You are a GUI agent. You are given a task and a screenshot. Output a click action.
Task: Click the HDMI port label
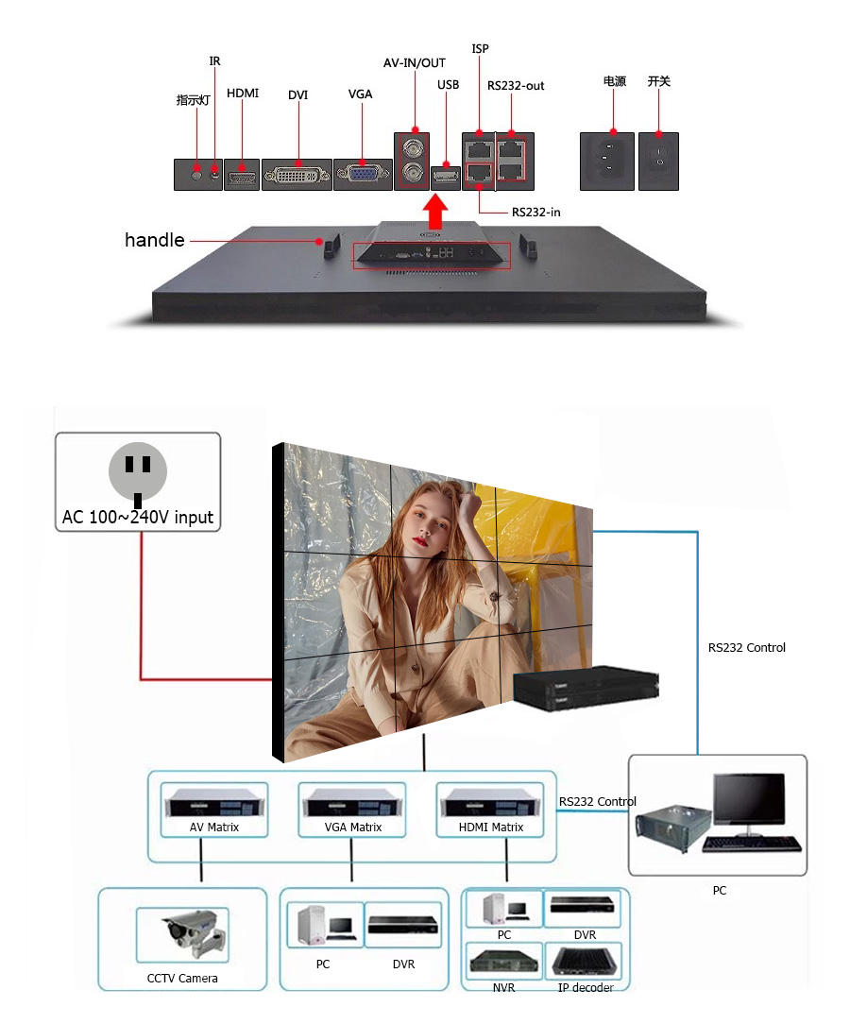pos(243,94)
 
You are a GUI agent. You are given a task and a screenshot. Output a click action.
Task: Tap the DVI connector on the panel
pos(297,175)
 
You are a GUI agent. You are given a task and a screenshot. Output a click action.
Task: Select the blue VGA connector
pos(360,174)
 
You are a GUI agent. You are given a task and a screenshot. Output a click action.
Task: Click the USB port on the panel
pos(445,175)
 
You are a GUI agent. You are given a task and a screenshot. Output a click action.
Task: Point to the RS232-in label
pos(535,213)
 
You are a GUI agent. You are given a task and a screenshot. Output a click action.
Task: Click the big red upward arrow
pos(434,213)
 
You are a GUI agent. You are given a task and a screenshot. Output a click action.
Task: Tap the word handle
pos(155,241)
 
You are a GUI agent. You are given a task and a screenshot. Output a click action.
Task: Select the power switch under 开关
pos(658,160)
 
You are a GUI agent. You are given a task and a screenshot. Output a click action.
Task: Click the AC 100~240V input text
pos(138,518)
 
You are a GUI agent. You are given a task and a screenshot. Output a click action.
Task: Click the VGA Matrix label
pos(353,828)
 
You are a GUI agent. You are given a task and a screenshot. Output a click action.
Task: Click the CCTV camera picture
pos(195,935)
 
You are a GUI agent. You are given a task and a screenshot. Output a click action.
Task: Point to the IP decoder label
pos(586,988)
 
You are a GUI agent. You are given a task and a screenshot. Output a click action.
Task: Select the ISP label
pos(480,48)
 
